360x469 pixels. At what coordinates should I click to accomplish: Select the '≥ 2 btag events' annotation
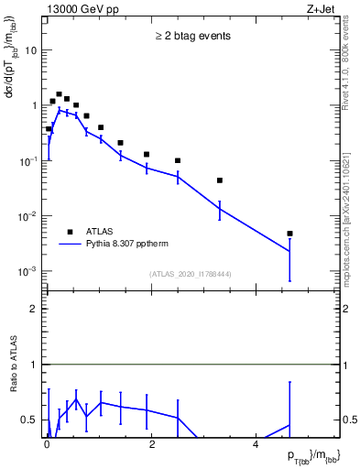click(192, 37)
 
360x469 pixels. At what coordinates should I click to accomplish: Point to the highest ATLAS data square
click(59, 94)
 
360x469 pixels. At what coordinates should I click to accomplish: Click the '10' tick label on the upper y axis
click(30, 50)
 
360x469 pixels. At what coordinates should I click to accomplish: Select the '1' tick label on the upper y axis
click(34, 106)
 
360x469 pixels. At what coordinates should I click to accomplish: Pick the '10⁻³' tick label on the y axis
click(27, 272)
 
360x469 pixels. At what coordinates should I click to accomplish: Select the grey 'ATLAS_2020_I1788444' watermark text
click(190, 274)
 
